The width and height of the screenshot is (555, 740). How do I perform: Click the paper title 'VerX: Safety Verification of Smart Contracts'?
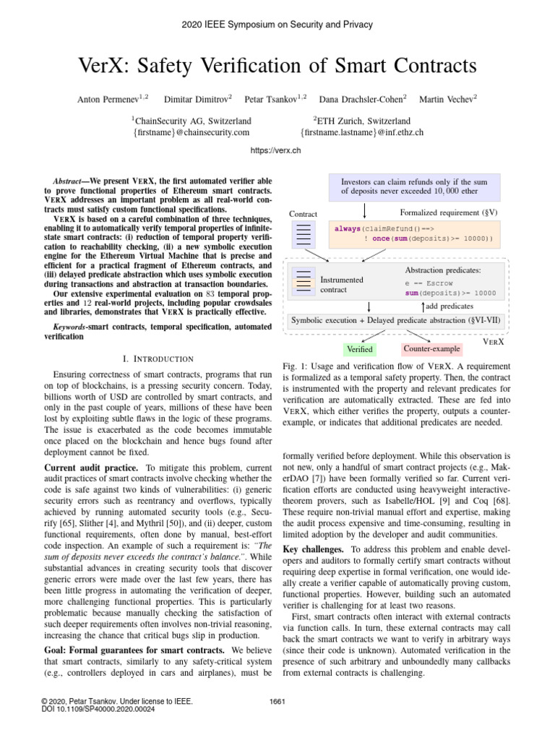tap(277, 66)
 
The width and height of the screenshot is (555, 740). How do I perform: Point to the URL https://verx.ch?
tap(277, 151)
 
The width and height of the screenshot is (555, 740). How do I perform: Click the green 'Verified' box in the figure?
tap(359, 349)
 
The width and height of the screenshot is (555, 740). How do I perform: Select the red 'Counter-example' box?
tap(431, 349)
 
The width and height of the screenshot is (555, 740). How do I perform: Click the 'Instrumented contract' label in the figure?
tap(341, 284)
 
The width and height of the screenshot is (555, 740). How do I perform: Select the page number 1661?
tap(278, 702)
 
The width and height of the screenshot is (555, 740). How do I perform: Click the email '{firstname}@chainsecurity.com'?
tap(192, 132)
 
